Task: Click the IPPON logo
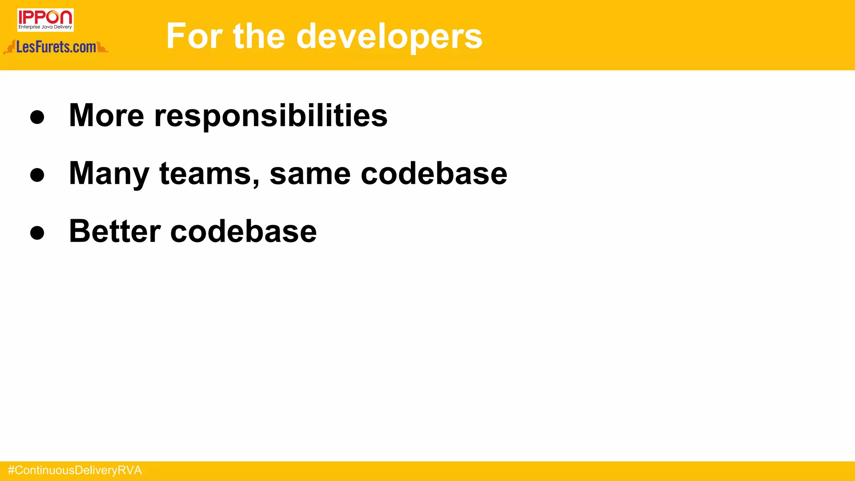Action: [45, 17]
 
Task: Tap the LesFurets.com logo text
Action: [56, 47]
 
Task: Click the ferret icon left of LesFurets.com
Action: [10, 48]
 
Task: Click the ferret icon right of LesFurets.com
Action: [102, 48]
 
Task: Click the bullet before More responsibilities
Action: [37, 117]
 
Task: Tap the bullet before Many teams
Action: [37, 175]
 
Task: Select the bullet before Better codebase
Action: [37, 233]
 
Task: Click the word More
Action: [106, 115]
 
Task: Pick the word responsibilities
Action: [271, 116]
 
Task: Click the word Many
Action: [109, 174]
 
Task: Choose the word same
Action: [310, 174]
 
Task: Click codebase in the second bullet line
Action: [434, 173]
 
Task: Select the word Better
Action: [115, 231]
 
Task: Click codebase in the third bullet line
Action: [243, 231]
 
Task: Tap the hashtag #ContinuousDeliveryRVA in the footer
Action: [75, 471]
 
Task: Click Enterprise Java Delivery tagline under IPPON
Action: [45, 27]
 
